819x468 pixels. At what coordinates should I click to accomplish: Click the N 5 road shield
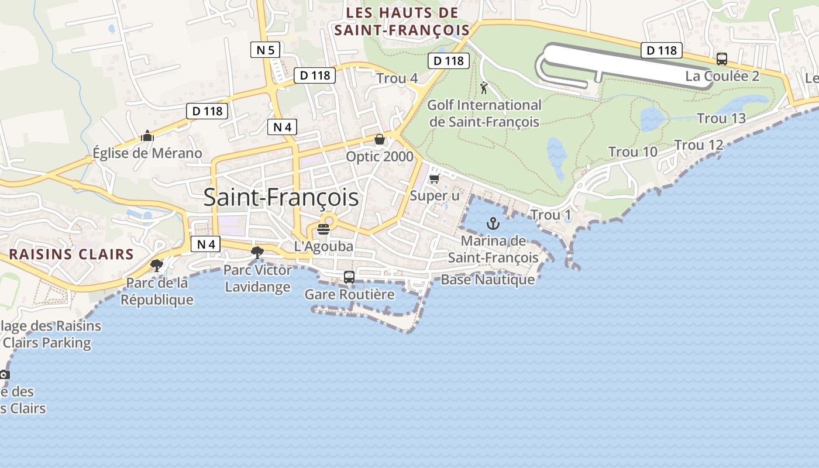[x=266, y=50]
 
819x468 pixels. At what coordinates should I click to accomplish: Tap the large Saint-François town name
[x=281, y=198]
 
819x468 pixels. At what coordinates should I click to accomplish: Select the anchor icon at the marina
[x=493, y=223]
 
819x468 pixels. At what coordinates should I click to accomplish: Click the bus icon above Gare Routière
[x=349, y=277]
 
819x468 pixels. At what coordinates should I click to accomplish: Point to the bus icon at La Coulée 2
[x=722, y=59]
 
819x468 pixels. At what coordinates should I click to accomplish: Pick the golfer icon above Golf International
[x=484, y=88]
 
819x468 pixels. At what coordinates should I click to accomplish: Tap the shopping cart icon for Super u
[x=435, y=178]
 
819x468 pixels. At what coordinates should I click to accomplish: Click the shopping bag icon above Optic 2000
[x=380, y=139]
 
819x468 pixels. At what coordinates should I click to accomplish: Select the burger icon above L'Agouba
[x=324, y=229]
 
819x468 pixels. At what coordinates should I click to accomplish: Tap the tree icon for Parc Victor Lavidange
[x=257, y=253]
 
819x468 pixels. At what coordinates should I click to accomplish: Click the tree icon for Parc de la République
[x=157, y=266]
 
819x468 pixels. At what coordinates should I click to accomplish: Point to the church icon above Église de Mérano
[x=147, y=136]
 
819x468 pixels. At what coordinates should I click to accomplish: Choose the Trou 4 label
[x=397, y=78]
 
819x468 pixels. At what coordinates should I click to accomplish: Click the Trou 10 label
[x=633, y=152]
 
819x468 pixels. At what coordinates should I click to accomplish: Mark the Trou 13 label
[x=721, y=119]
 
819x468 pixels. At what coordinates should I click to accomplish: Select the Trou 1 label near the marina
[x=550, y=215]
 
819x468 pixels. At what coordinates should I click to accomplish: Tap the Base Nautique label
[x=488, y=280]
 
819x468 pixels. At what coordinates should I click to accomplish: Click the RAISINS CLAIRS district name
[x=71, y=254]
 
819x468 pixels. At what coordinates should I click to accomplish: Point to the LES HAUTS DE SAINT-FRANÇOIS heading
[x=402, y=22]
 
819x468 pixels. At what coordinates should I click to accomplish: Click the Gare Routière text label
[x=350, y=294]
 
